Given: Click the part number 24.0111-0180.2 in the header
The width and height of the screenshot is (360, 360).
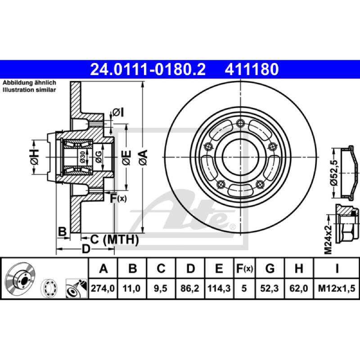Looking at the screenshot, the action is [x=148, y=69].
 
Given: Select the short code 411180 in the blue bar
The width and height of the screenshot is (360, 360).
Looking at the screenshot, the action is [x=252, y=69].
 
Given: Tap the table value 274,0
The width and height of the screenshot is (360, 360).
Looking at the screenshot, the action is [x=103, y=288].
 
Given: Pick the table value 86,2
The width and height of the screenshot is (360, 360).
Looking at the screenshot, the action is [x=190, y=288].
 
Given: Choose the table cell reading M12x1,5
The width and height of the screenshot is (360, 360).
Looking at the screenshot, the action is [x=337, y=288].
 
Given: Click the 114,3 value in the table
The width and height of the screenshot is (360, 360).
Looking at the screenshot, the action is [x=219, y=288].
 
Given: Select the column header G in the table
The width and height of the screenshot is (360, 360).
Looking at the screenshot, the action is [x=270, y=268].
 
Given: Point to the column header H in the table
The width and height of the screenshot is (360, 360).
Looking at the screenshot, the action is [x=299, y=268].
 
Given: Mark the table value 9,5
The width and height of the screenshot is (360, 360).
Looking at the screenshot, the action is [x=161, y=288].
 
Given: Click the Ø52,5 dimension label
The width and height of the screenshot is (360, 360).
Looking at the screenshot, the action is [x=335, y=172].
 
